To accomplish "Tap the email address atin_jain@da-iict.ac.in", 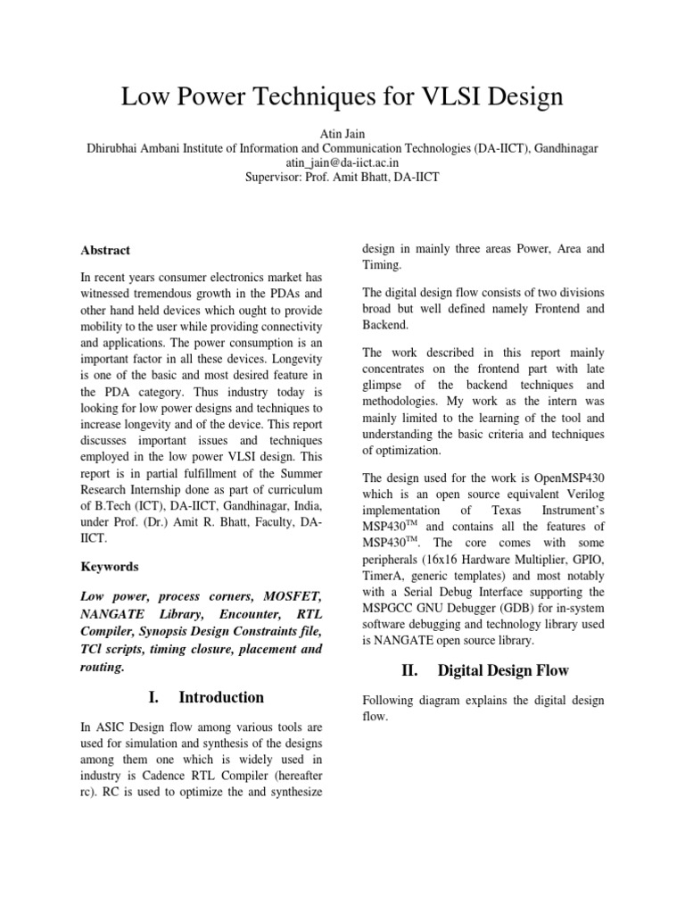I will click(x=342, y=162).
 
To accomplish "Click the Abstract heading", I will click(x=105, y=251).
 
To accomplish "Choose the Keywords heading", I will click(x=110, y=567).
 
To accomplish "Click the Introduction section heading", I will click(x=221, y=697).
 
